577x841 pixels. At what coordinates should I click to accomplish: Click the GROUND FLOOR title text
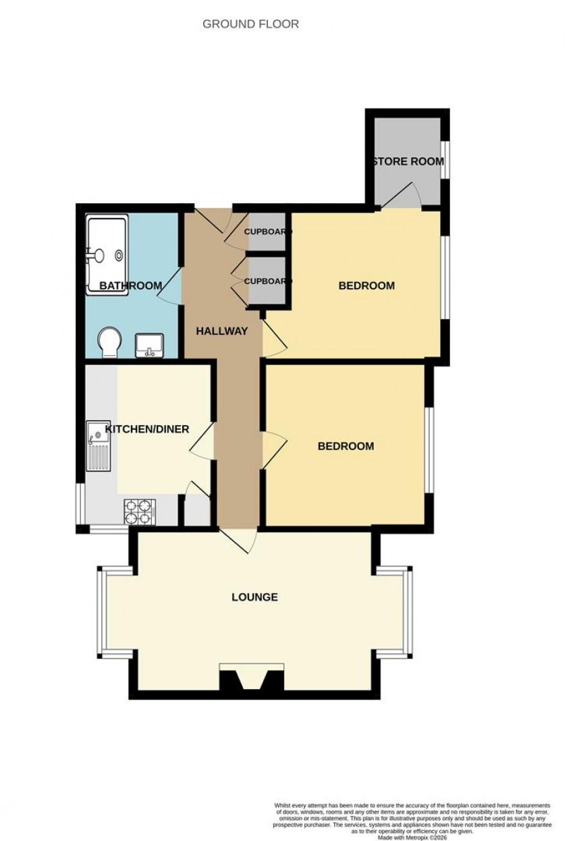pyautogui.click(x=250, y=24)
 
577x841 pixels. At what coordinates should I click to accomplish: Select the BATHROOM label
pyautogui.click(x=130, y=286)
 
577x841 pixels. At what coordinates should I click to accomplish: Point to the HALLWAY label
pyautogui.click(x=221, y=331)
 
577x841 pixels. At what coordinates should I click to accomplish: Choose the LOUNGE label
pyautogui.click(x=254, y=597)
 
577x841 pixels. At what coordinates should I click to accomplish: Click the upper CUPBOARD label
pyautogui.click(x=268, y=232)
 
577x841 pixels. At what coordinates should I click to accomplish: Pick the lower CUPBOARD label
pyautogui.click(x=268, y=281)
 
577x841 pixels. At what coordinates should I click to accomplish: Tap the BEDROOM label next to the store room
pyautogui.click(x=366, y=286)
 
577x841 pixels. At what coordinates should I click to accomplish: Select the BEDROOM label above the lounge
pyautogui.click(x=346, y=446)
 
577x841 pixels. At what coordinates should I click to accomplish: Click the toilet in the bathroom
pyautogui.click(x=107, y=343)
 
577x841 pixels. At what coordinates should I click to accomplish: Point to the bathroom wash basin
pyautogui.click(x=148, y=346)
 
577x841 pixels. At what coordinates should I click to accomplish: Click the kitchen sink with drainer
pyautogui.click(x=97, y=446)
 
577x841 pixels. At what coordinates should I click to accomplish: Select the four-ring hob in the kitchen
pyautogui.click(x=140, y=512)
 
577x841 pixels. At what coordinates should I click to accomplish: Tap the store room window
pyautogui.click(x=445, y=159)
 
